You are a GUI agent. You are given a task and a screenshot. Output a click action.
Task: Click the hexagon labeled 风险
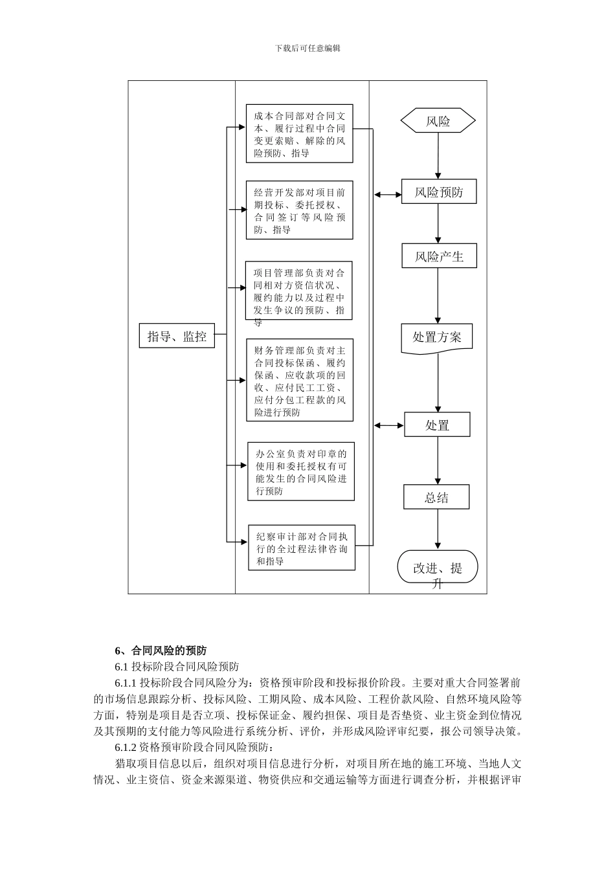(x=438, y=121)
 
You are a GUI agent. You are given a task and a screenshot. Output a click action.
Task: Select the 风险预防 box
(x=439, y=192)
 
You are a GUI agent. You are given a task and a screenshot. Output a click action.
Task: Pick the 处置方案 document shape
(x=437, y=337)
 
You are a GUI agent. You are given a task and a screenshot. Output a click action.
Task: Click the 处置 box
(x=437, y=425)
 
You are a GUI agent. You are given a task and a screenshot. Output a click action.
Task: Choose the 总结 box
(x=436, y=497)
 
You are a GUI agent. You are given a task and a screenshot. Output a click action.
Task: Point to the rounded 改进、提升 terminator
(x=438, y=568)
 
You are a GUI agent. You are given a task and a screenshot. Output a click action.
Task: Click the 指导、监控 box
(x=177, y=335)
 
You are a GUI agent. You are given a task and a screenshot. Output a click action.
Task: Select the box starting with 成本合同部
(x=299, y=134)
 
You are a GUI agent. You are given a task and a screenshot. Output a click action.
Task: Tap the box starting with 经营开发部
(x=299, y=210)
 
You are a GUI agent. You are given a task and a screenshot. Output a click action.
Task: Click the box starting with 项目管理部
(x=299, y=291)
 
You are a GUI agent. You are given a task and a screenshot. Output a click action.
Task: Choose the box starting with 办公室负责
(x=301, y=471)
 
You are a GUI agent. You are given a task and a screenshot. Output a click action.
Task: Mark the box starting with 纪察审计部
(x=302, y=548)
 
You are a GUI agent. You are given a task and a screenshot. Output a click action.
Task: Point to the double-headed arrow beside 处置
(x=390, y=425)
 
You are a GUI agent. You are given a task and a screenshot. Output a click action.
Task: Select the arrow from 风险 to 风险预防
(x=438, y=155)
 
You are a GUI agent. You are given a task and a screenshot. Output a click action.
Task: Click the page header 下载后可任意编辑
(x=307, y=48)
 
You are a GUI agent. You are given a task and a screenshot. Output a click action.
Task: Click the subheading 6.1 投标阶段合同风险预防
(x=177, y=666)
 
